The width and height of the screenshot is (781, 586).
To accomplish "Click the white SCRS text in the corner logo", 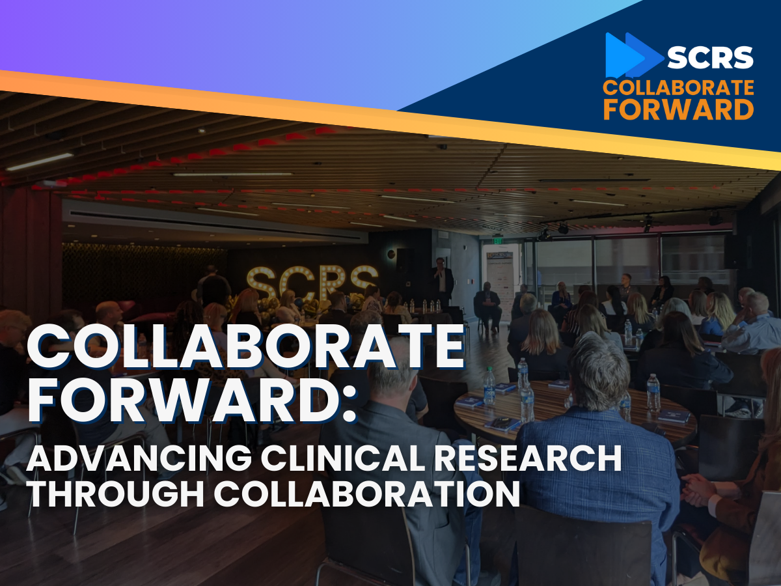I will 710,58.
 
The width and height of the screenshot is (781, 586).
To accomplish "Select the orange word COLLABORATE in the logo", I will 678,88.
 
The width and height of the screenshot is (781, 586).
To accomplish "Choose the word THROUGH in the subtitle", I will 107,494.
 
